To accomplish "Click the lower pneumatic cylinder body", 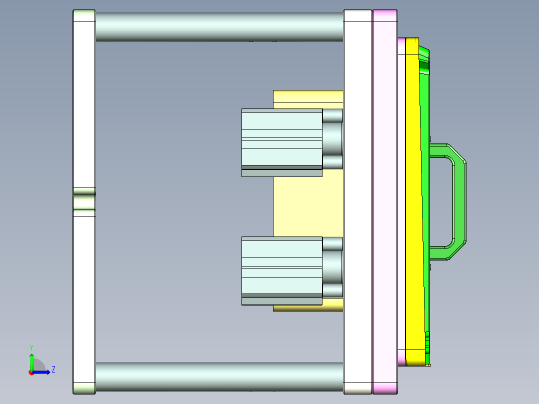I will (281, 265).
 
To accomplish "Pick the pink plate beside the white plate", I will (385, 200).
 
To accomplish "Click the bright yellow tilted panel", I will (414, 200).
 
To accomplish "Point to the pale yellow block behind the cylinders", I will (300, 205).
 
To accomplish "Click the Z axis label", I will (53, 369).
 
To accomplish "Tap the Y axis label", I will (31, 347).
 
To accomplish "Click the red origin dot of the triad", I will (31, 372).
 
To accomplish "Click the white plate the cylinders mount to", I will (357, 200).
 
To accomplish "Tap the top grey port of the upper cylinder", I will (332, 115).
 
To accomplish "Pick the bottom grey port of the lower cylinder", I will (332, 290).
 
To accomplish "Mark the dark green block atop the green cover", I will (424, 65).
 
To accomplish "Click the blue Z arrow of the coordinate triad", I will (42, 372).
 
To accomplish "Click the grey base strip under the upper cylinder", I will (281, 173).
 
